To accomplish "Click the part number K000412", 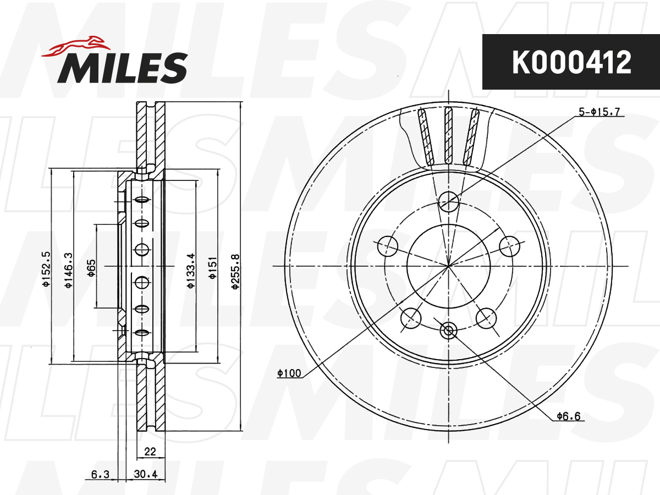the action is pyautogui.click(x=571, y=62).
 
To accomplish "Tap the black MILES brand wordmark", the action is pyautogui.click(x=123, y=68).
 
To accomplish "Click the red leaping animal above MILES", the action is pyautogui.click(x=76, y=47).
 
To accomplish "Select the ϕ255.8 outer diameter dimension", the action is pyautogui.click(x=235, y=272).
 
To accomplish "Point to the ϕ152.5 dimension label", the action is pyautogui.click(x=46, y=269).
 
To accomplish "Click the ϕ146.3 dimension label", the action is pyautogui.click(x=69, y=270).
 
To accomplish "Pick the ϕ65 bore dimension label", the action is pyautogui.click(x=91, y=268).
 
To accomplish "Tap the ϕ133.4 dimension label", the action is pyautogui.click(x=191, y=271).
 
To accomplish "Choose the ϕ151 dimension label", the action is pyautogui.click(x=213, y=268).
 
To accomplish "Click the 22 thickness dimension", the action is pyautogui.click(x=150, y=451).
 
